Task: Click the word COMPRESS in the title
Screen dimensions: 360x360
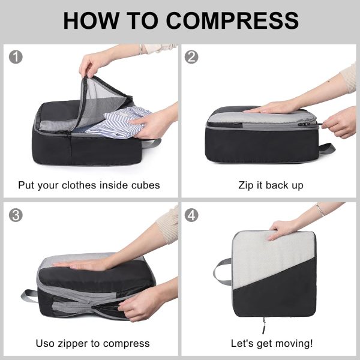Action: [232, 20]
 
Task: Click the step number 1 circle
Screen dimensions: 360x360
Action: [16, 57]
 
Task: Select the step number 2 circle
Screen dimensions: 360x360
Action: [191, 57]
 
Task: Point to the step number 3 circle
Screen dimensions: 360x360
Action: [16, 215]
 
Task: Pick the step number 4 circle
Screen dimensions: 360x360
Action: [191, 215]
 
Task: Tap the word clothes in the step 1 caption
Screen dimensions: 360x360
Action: [79, 185]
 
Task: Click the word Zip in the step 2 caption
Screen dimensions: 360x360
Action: [246, 185]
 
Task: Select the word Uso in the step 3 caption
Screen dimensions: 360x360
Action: [46, 343]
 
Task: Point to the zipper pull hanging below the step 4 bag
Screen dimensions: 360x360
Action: [264, 325]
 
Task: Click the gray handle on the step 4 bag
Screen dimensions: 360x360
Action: [221, 271]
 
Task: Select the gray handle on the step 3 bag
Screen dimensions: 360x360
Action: [29, 295]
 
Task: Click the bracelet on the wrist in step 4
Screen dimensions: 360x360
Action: [320, 209]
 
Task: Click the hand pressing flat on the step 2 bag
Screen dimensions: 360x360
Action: [271, 107]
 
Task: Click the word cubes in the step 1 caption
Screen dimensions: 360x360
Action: [145, 185]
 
